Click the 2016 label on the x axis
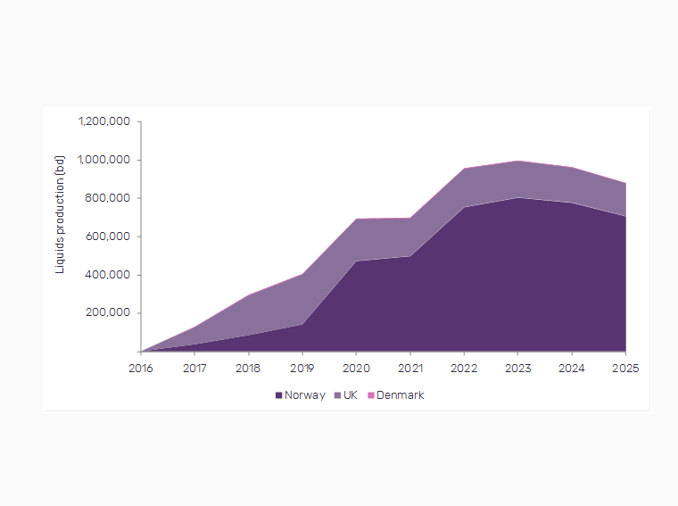141,368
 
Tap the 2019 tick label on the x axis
302,368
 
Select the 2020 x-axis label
356,368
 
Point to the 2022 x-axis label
464,368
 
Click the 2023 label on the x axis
518,368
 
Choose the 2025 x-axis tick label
625,368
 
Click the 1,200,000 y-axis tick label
104,121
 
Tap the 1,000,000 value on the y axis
104,160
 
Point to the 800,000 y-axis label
111,198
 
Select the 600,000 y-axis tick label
111,236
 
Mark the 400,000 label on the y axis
111,275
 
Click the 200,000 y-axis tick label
111,313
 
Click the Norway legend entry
304,395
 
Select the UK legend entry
350,395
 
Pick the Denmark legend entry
400,395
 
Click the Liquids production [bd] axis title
61,214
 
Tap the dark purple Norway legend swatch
278,395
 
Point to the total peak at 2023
518,161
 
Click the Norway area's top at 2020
356,261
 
